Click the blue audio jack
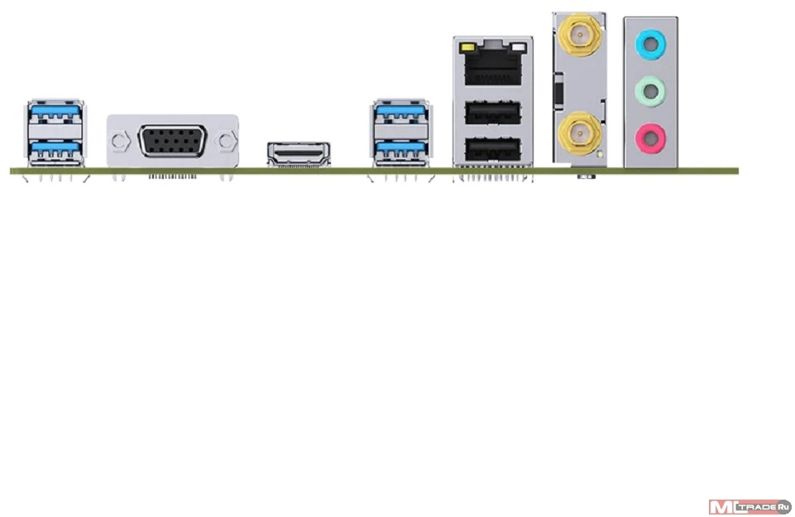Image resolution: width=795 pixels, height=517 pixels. point(650,45)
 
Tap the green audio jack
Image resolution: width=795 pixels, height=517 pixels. point(650,91)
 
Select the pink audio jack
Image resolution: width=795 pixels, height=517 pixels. point(650,138)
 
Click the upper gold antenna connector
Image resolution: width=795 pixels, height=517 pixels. point(579,35)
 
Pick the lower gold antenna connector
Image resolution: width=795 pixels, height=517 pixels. point(579,133)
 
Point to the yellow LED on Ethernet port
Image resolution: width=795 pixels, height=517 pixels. point(467,48)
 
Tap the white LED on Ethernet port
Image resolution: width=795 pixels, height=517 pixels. point(519,48)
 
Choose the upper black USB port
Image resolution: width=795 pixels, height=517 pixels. point(493,113)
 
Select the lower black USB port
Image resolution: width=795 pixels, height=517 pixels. point(493,149)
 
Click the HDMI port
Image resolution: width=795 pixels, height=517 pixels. point(299,154)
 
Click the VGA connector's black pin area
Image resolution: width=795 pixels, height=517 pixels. point(172,141)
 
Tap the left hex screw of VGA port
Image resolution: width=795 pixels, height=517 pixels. point(120,141)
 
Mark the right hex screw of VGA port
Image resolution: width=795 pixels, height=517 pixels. point(226,141)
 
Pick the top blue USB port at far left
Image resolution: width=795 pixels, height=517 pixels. point(55,113)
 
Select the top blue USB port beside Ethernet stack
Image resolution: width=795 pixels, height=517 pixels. point(400,113)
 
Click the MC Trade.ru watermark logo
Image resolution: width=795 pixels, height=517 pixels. point(750,506)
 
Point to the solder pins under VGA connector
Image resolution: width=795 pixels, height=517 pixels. point(172,176)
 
